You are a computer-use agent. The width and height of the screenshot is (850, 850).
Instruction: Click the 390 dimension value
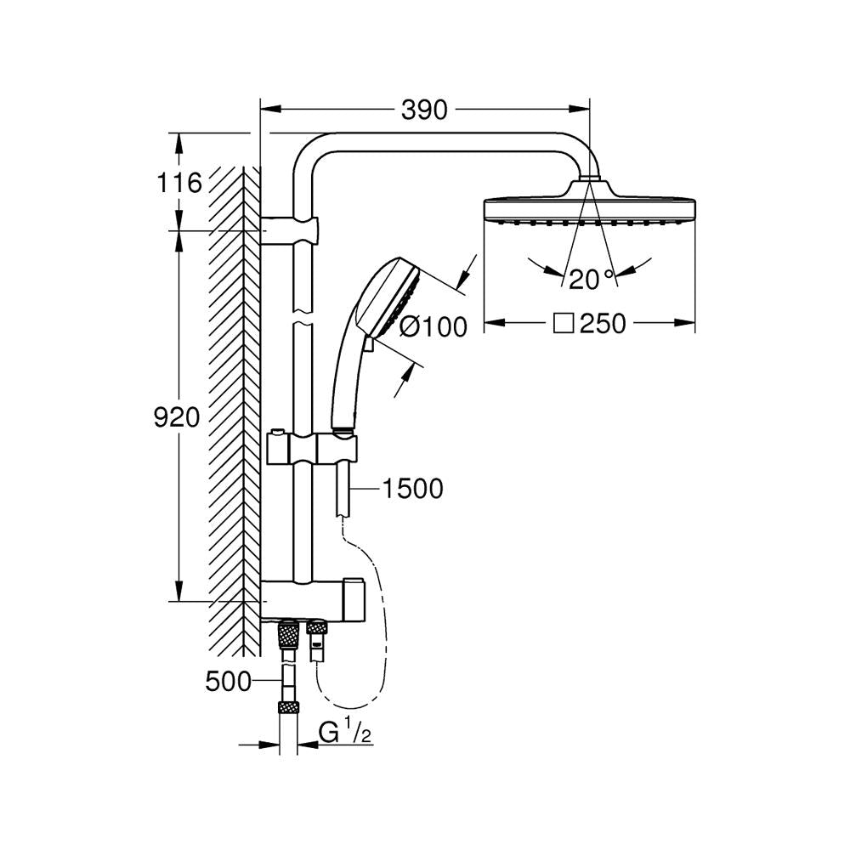point(424,110)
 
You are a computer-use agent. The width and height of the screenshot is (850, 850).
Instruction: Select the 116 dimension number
point(179,182)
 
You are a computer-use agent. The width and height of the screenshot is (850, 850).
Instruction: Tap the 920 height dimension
point(176,417)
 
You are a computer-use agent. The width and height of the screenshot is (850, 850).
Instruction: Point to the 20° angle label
point(591,277)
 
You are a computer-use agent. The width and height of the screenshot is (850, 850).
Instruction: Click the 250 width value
point(603,324)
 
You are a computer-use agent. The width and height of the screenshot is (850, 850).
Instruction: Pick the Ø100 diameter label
point(433,326)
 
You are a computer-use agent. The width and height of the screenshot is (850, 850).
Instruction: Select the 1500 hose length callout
point(413,490)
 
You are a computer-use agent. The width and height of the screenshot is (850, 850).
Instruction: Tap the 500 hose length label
point(229,681)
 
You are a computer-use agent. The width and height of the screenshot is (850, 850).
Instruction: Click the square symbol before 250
point(563,324)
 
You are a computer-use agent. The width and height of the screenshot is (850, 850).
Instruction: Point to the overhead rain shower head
point(590,208)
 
